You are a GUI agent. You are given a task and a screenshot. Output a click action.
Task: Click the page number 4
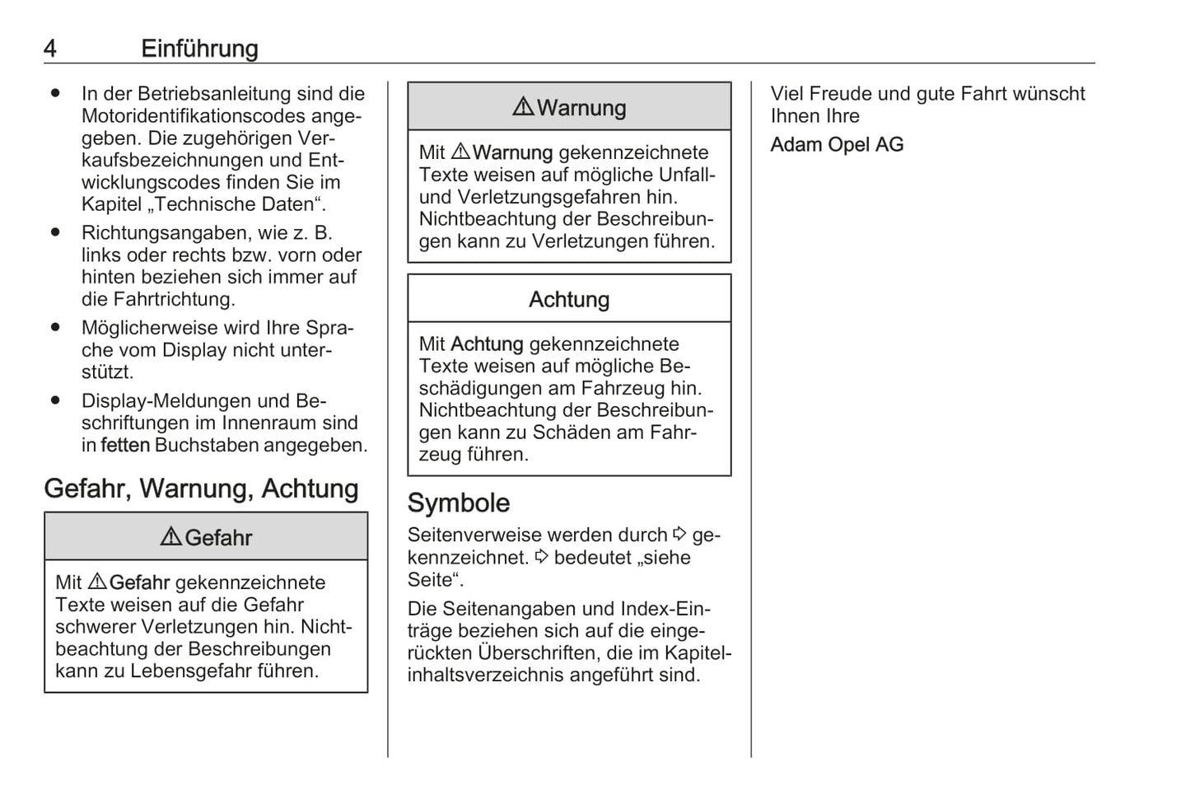click(x=50, y=49)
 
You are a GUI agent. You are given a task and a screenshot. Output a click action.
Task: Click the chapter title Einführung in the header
click(x=199, y=49)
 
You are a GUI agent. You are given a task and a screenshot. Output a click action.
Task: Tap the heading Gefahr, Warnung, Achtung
click(x=201, y=489)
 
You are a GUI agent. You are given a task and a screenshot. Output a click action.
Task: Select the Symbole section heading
click(x=459, y=503)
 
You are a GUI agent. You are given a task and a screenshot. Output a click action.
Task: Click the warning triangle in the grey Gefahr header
click(x=170, y=537)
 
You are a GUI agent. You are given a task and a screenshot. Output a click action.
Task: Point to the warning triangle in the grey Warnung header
click(x=523, y=107)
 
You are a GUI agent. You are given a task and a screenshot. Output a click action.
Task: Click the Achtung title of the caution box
click(x=569, y=299)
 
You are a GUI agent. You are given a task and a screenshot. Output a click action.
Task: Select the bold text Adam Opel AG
click(x=837, y=144)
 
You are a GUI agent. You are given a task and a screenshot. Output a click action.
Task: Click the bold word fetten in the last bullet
click(x=125, y=446)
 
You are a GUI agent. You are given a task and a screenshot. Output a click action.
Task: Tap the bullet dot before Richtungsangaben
click(x=55, y=233)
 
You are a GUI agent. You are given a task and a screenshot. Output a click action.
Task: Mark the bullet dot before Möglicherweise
click(x=55, y=328)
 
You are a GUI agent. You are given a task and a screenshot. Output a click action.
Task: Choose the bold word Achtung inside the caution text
click(x=487, y=344)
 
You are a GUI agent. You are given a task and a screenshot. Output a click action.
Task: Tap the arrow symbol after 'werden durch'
click(x=679, y=535)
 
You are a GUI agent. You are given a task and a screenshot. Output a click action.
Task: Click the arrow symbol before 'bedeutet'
click(x=541, y=557)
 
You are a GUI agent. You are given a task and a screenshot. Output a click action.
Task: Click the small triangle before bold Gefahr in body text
click(x=96, y=582)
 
